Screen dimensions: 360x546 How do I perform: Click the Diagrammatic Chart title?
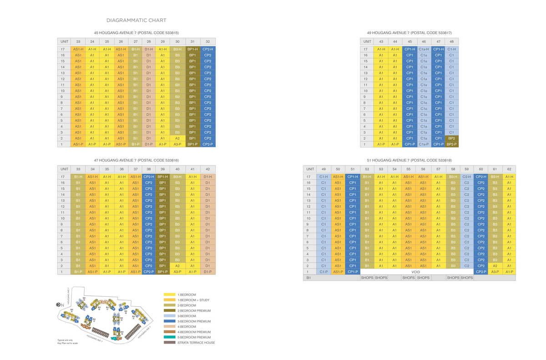tap(136, 20)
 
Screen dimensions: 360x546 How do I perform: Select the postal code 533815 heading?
tap(136, 33)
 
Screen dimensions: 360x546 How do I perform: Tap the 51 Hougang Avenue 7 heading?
tap(409, 160)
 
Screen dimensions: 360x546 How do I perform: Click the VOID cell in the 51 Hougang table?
tap(415, 272)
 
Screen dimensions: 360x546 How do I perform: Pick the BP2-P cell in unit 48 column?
tap(451, 144)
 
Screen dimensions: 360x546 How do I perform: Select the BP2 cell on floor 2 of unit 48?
tap(451, 138)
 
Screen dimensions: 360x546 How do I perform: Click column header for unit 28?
tap(149, 41)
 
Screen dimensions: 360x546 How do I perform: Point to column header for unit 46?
tap(424, 41)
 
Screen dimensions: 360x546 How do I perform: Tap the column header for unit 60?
tap(480, 169)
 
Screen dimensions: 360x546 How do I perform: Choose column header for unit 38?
tap(149, 169)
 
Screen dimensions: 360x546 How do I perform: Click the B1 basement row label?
tap(308, 278)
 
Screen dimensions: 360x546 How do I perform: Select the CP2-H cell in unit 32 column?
tap(207, 49)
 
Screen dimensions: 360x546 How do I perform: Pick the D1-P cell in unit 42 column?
tap(207, 272)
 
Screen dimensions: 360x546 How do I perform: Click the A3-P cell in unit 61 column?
tap(495, 272)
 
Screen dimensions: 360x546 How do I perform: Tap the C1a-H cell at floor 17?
tap(424, 49)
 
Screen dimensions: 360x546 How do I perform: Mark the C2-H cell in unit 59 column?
tap(466, 177)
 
